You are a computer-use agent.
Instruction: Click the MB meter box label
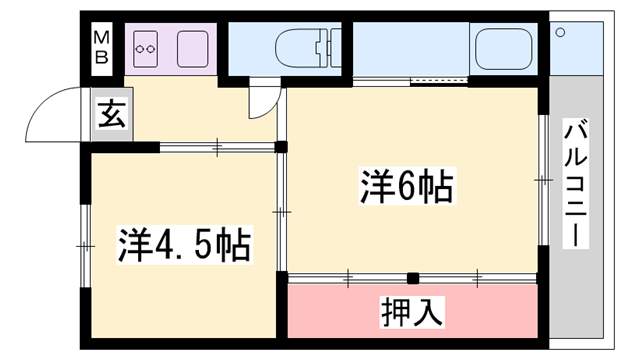click(101, 45)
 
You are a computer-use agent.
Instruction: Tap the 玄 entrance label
click(109, 115)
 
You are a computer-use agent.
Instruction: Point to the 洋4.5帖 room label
click(184, 243)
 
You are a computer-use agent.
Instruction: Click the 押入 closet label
click(411, 311)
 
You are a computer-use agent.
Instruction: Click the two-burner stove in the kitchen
click(148, 46)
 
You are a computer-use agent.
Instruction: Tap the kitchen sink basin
click(193, 46)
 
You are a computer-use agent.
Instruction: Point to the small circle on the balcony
click(561, 33)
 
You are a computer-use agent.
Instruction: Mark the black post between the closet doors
click(411, 278)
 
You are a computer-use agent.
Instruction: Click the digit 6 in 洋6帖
click(405, 186)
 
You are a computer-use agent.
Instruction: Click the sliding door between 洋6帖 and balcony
click(543, 180)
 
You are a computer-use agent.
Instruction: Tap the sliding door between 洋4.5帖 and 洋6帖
click(284, 212)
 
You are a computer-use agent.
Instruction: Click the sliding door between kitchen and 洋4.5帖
click(219, 147)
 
